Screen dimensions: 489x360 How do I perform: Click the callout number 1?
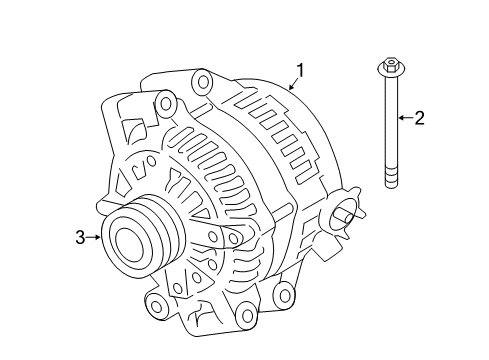(300, 71)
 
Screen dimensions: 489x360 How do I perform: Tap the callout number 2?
(420, 118)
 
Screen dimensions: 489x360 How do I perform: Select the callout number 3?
(80, 237)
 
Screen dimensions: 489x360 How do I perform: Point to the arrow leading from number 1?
(293, 84)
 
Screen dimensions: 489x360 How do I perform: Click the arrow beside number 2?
(406, 118)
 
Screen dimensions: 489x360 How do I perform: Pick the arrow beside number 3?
(93, 237)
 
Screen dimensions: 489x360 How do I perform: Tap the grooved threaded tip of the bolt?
(391, 176)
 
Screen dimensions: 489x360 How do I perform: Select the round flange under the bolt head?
(391, 70)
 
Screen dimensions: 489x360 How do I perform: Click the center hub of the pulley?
(129, 245)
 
